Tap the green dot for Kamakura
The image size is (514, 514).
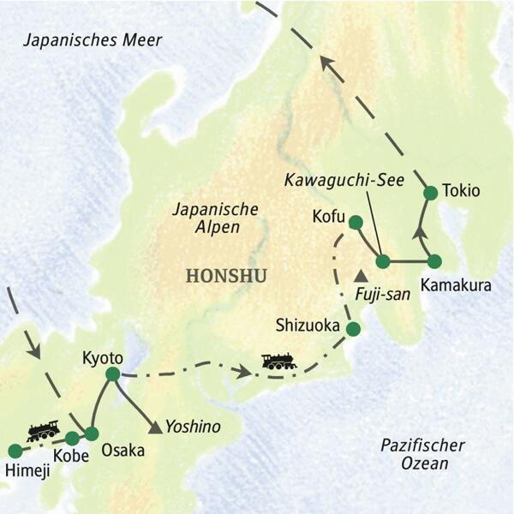point(434,260)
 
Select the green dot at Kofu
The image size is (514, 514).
point(356,223)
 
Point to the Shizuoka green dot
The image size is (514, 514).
point(352,328)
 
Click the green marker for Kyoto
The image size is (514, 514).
point(111,374)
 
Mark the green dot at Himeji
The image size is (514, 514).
point(15,451)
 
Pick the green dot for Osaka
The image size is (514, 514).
point(91,433)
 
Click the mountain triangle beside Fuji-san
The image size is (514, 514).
point(361,277)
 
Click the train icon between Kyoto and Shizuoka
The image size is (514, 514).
point(279,362)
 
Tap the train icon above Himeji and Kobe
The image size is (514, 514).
point(43,430)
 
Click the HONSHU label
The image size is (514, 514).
point(225,276)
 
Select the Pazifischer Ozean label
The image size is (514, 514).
point(423,454)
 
